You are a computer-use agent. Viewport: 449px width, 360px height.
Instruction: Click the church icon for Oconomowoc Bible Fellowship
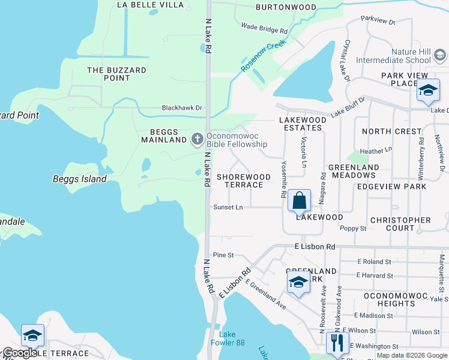coord(197,139)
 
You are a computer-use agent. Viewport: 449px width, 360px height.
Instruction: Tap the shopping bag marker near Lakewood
coord(299,200)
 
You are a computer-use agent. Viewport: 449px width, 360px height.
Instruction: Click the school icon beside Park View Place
coord(427,91)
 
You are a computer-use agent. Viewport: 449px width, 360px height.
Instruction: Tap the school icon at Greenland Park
coord(298,282)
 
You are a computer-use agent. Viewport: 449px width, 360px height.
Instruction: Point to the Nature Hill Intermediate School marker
coord(440,56)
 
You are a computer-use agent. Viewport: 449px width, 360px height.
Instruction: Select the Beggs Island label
coord(79,179)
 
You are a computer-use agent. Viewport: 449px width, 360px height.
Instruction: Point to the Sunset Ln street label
coord(228,207)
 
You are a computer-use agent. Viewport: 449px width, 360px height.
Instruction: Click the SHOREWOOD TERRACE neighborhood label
coord(243,181)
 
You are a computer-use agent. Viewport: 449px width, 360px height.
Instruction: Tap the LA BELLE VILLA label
coord(150,5)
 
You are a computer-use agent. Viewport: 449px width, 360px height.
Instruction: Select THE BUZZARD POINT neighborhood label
coord(116,74)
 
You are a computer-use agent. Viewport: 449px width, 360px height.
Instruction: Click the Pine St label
coord(223,255)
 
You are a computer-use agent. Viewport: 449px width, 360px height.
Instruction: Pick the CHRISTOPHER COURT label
coord(400,224)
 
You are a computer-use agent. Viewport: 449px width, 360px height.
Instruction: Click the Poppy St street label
coord(353,229)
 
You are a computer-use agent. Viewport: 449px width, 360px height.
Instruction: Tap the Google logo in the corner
coord(19,353)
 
